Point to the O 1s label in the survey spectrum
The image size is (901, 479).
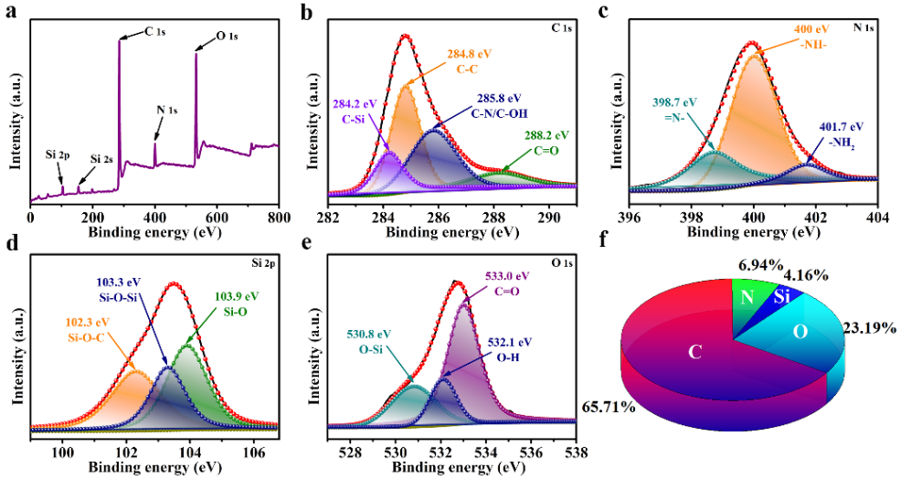(x=226, y=37)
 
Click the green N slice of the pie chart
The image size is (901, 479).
(x=746, y=297)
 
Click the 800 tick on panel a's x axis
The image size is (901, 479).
(x=278, y=219)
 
